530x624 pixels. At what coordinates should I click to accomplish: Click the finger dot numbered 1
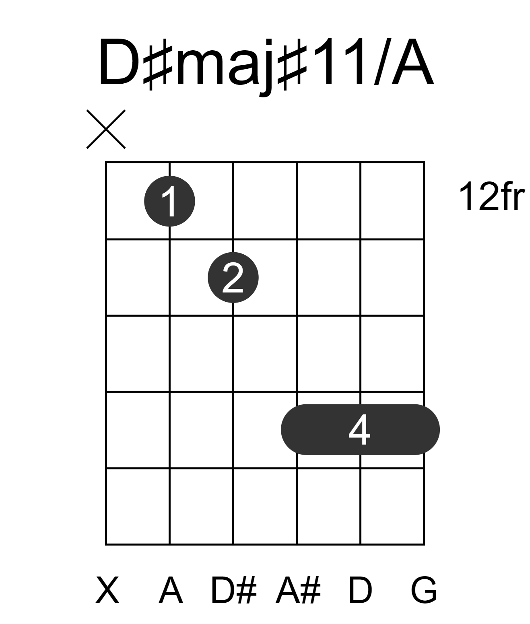(x=169, y=201)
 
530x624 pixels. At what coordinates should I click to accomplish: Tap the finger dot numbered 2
(x=233, y=278)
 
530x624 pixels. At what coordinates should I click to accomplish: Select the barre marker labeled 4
(x=360, y=430)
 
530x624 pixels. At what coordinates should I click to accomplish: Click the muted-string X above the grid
(x=106, y=129)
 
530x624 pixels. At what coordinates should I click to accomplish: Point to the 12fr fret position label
(x=491, y=196)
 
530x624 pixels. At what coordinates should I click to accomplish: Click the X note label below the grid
(x=107, y=590)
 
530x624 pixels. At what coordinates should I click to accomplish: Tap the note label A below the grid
(x=171, y=590)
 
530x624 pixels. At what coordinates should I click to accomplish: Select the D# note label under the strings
(x=234, y=590)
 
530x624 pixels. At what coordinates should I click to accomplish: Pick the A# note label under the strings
(x=298, y=590)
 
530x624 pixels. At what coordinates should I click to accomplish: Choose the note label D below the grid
(x=360, y=590)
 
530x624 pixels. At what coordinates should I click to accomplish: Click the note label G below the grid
(x=424, y=590)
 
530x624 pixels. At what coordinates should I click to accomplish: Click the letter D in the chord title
(x=119, y=62)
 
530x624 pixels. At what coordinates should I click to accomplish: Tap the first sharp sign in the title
(x=158, y=64)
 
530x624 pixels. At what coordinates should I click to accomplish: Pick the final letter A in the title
(x=413, y=62)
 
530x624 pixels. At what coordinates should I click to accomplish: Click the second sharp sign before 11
(x=292, y=64)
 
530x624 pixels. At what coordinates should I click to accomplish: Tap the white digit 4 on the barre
(x=359, y=430)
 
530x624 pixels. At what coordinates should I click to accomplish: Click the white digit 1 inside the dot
(x=170, y=201)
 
